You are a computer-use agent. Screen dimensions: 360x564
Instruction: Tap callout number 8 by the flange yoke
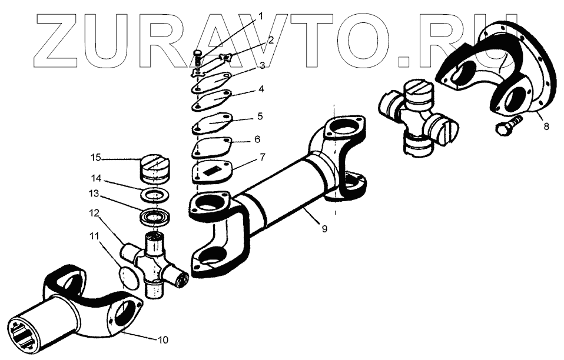click(546, 126)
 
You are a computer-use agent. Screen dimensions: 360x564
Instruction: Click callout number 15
click(96, 157)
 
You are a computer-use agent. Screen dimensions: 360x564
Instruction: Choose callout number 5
click(259, 117)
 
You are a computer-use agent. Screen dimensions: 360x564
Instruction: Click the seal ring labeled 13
click(154, 217)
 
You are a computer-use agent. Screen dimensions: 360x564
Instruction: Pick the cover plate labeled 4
click(213, 98)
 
